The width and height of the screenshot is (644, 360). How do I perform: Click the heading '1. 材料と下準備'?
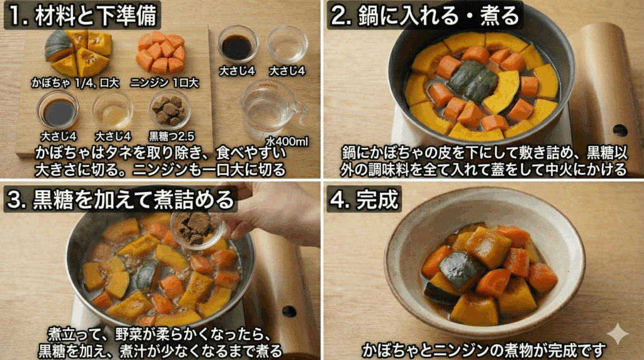[82, 14]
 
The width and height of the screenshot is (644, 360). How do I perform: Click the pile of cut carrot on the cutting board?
[161, 53]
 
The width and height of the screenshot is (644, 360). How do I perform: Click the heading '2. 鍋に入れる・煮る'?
[425, 14]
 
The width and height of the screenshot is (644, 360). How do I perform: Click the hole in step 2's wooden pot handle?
[619, 130]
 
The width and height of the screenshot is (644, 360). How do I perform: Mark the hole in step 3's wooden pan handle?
[289, 312]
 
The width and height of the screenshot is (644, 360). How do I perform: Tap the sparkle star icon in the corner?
[617, 334]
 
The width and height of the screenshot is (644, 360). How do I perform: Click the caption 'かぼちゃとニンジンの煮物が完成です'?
[484, 349]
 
